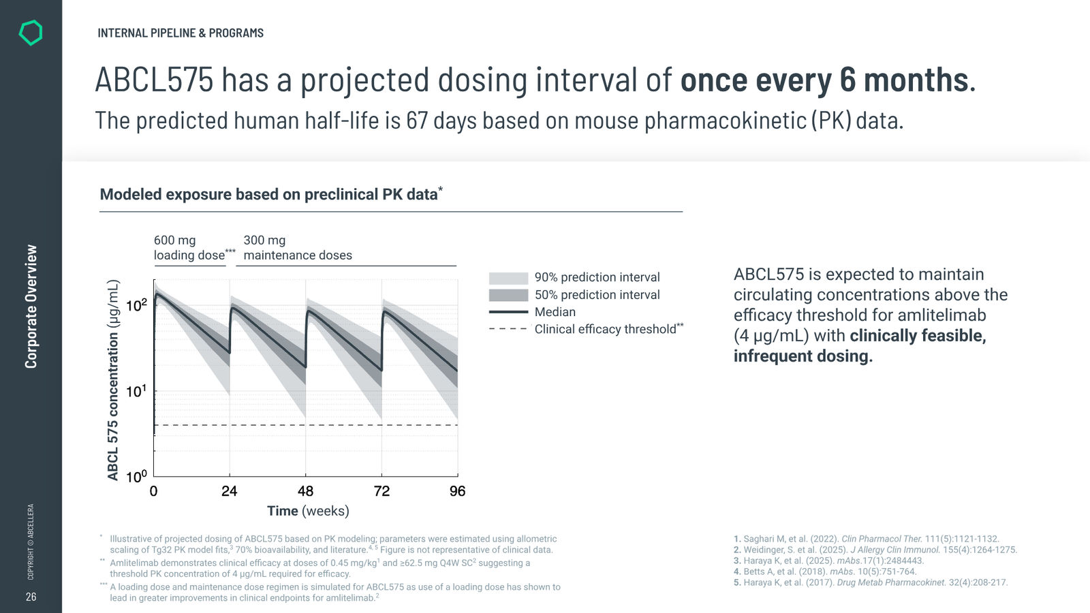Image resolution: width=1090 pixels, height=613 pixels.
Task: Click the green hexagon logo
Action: (31, 33)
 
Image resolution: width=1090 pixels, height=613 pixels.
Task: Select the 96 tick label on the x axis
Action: (457, 491)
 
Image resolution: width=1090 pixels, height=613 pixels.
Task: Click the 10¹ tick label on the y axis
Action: (136, 391)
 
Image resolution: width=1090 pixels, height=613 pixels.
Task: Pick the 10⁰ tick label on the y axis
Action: (136, 476)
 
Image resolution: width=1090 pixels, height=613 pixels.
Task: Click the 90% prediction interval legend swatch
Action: (508, 278)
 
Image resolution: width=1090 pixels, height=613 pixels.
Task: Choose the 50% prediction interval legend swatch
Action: (508, 295)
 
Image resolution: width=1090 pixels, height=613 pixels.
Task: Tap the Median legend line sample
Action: (508, 312)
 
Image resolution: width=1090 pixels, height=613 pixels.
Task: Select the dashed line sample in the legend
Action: (508, 329)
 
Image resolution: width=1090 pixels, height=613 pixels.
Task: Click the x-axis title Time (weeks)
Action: (308, 512)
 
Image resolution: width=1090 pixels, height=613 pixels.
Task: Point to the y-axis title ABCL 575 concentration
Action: (113, 380)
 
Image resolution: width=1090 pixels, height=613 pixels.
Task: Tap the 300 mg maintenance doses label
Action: (298, 248)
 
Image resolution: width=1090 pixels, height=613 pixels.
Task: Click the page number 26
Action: (31, 597)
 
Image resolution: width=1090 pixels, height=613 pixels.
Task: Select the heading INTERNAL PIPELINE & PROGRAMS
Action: (181, 33)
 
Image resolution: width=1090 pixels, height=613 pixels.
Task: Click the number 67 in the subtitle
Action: (417, 121)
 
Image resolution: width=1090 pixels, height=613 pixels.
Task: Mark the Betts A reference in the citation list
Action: (825, 571)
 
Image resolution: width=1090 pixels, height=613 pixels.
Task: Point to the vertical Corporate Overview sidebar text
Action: (31, 306)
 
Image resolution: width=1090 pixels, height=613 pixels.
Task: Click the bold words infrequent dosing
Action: (803, 356)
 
